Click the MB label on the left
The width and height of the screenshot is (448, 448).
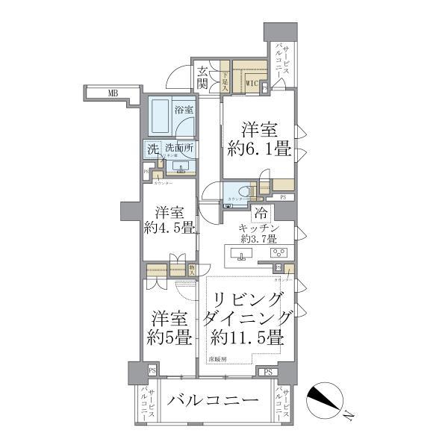[112, 93]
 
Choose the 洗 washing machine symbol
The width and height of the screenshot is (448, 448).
[152, 149]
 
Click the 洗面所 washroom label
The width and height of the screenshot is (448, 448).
[180, 149]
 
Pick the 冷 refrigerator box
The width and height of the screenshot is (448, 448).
[261, 214]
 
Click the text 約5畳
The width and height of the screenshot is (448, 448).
[169, 337]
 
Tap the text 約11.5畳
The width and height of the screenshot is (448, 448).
[248, 337]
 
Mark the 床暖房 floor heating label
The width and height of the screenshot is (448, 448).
[217, 358]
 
